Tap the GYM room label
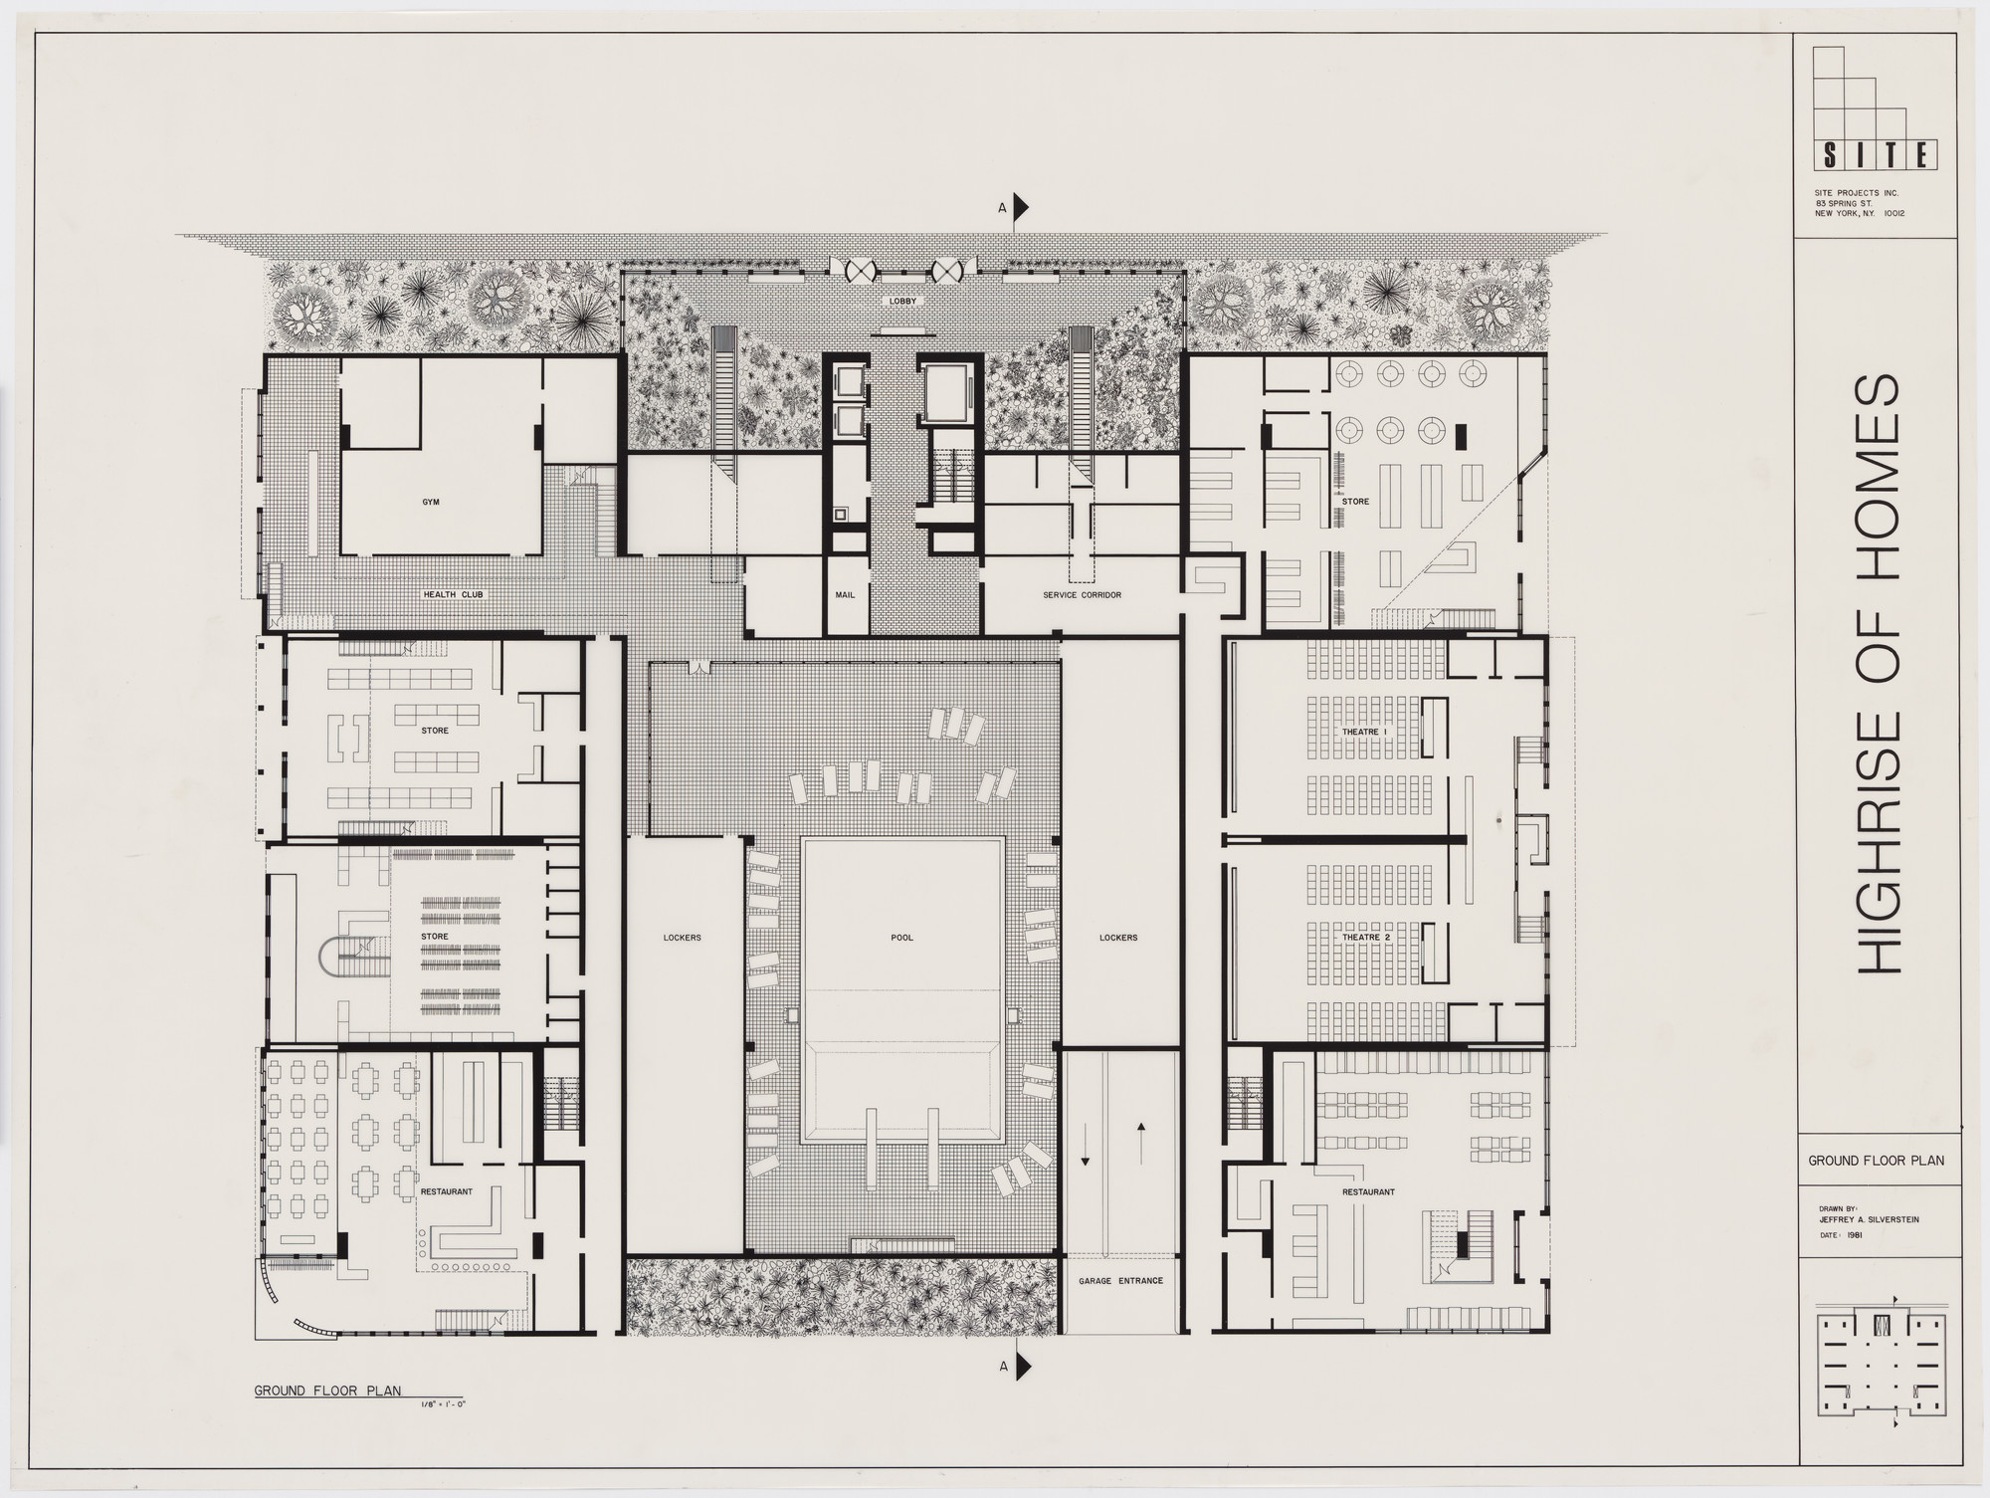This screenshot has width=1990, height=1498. point(430,503)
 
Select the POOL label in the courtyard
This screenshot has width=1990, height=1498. point(902,938)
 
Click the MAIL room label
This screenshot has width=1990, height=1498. point(846,595)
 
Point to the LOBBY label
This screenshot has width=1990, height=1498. point(902,301)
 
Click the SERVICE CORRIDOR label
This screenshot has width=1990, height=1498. point(1082,595)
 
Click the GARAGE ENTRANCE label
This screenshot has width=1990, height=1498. point(1120,1281)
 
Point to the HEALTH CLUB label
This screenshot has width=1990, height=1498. point(453,595)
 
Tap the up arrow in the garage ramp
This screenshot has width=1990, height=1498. point(1141,1129)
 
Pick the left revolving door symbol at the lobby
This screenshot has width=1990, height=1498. point(858,269)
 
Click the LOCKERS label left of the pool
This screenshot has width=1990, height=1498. point(683,938)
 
